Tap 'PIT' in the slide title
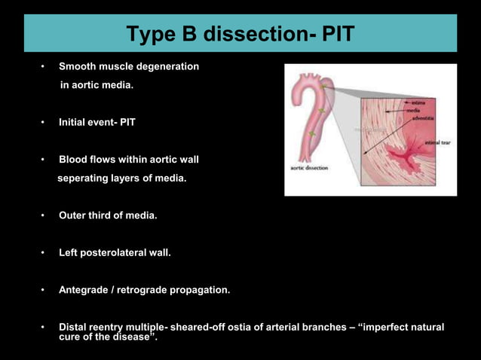pos(332,34)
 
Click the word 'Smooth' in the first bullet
pos(78,66)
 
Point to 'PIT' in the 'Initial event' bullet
pos(126,121)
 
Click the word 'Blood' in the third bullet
pos(74,160)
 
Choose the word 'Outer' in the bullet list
pos(73,215)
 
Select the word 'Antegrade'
pos(84,289)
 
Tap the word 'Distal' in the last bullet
pos(74,327)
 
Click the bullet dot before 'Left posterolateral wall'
pos(43,252)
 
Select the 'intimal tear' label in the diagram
pos(437,142)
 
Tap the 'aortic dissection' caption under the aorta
pos(309,168)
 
